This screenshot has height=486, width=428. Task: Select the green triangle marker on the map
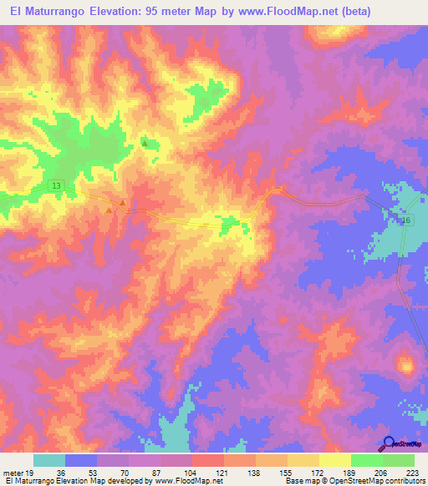pos(145,144)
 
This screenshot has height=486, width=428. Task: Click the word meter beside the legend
pos(13,472)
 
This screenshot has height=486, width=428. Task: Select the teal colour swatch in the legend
pos(49,460)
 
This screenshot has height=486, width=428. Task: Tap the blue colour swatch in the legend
pos(81,460)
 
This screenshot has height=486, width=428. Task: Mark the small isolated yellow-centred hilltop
pos(407,365)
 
